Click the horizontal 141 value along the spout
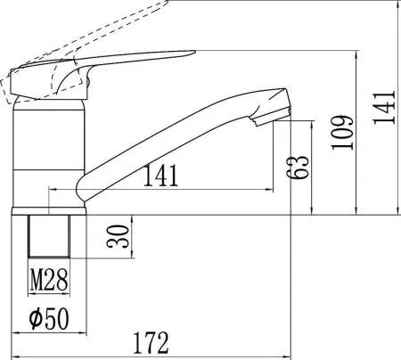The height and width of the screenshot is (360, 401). point(160,175)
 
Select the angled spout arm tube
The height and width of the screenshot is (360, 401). point(178,143)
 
